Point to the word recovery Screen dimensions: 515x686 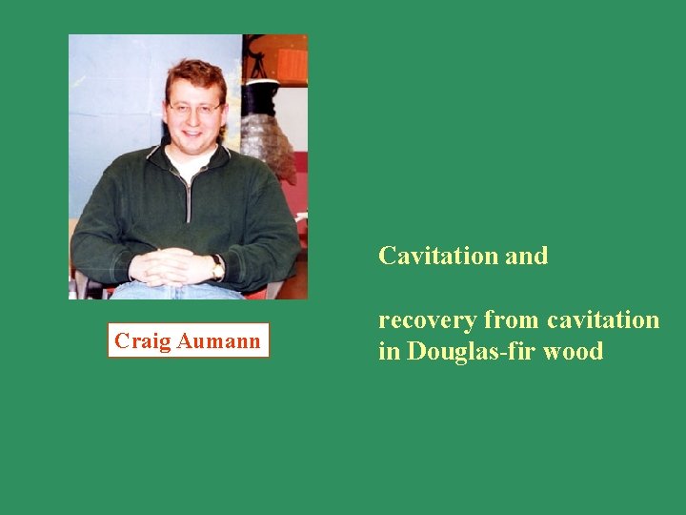(x=427, y=319)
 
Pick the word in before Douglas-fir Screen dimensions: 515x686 (x=389, y=351)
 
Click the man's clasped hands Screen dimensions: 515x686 (x=171, y=267)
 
